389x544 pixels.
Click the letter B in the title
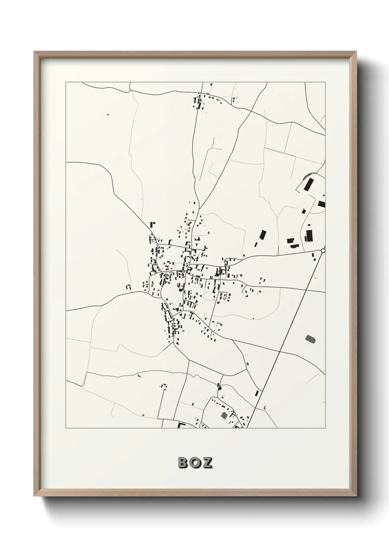(x=183, y=463)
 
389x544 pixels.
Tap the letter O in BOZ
(x=195, y=463)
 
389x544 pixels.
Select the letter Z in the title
(x=207, y=463)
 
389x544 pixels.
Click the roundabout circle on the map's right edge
(x=323, y=251)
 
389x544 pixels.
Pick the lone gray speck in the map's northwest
(x=108, y=115)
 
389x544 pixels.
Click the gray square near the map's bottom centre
(x=224, y=415)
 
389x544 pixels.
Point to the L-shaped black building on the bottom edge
(x=181, y=426)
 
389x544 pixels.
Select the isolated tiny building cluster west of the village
(x=128, y=287)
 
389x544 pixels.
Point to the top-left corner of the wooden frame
(x=34, y=52)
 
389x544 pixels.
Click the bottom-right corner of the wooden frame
(x=356, y=497)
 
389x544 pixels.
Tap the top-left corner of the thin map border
(x=66, y=82)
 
